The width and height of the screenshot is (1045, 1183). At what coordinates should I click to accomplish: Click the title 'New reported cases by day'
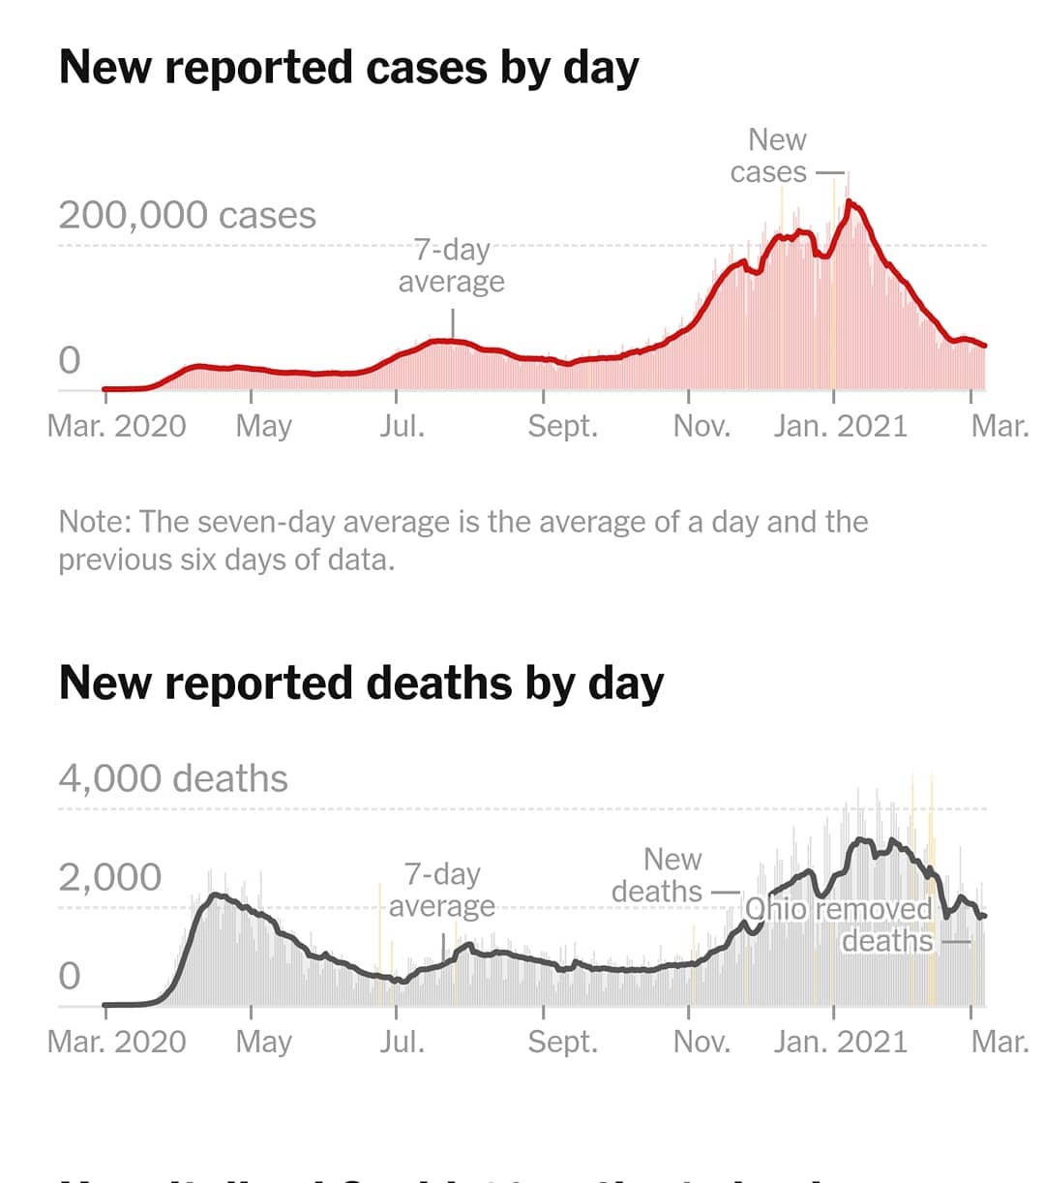click(x=348, y=68)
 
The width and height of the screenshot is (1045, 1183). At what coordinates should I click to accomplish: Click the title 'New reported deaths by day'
click(x=361, y=682)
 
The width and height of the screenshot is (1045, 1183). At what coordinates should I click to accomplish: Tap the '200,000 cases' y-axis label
click(x=187, y=215)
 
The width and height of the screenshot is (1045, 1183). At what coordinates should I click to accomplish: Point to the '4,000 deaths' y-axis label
click(x=173, y=778)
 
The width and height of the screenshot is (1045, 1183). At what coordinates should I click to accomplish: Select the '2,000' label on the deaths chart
click(x=109, y=877)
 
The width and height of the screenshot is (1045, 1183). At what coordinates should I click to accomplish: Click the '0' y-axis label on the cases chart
click(x=70, y=360)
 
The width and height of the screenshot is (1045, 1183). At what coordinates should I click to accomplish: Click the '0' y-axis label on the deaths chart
click(x=70, y=976)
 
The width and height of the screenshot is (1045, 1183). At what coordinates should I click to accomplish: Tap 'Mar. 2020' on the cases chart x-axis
click(x=116, y=426)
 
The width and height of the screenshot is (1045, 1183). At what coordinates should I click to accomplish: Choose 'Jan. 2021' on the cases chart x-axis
click(x=840, y=426)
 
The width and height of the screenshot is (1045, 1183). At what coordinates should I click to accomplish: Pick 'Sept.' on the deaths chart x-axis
click(x=562, y=1042)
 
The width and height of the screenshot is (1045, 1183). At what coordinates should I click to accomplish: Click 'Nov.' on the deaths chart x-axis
click(x=702, y=1042)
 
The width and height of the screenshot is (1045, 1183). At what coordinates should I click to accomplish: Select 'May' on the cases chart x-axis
click(x=263, y=426)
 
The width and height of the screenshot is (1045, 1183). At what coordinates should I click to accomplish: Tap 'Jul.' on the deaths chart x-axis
click(x=402, y=1042)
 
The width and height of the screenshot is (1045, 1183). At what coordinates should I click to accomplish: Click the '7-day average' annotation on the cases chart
click(x=452, y=265)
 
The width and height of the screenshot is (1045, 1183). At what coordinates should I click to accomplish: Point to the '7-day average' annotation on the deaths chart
click(x=442, y=890)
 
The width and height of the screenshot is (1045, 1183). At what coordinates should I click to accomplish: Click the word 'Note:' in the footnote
click(x=95, y=522)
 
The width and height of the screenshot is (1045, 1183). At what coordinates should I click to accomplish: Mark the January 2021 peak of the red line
click(x=849, y=201)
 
